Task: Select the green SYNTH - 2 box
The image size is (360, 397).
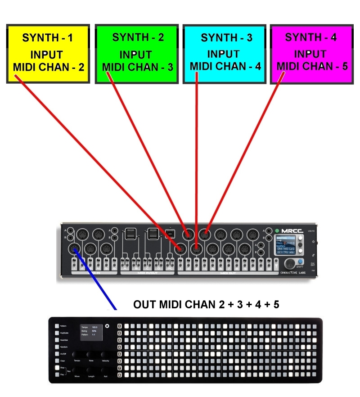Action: (x=138, y=54)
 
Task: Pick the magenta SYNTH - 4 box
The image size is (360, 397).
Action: (x=311, y=54)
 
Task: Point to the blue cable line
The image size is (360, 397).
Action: (x=94, y=279)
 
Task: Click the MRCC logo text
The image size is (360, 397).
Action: (x=290, y=231)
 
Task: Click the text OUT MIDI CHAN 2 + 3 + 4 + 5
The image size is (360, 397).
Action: (x=206, y=305)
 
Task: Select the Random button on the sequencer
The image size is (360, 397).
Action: (x=57, y=347)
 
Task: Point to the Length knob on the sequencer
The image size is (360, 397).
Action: (x=91, y=370)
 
